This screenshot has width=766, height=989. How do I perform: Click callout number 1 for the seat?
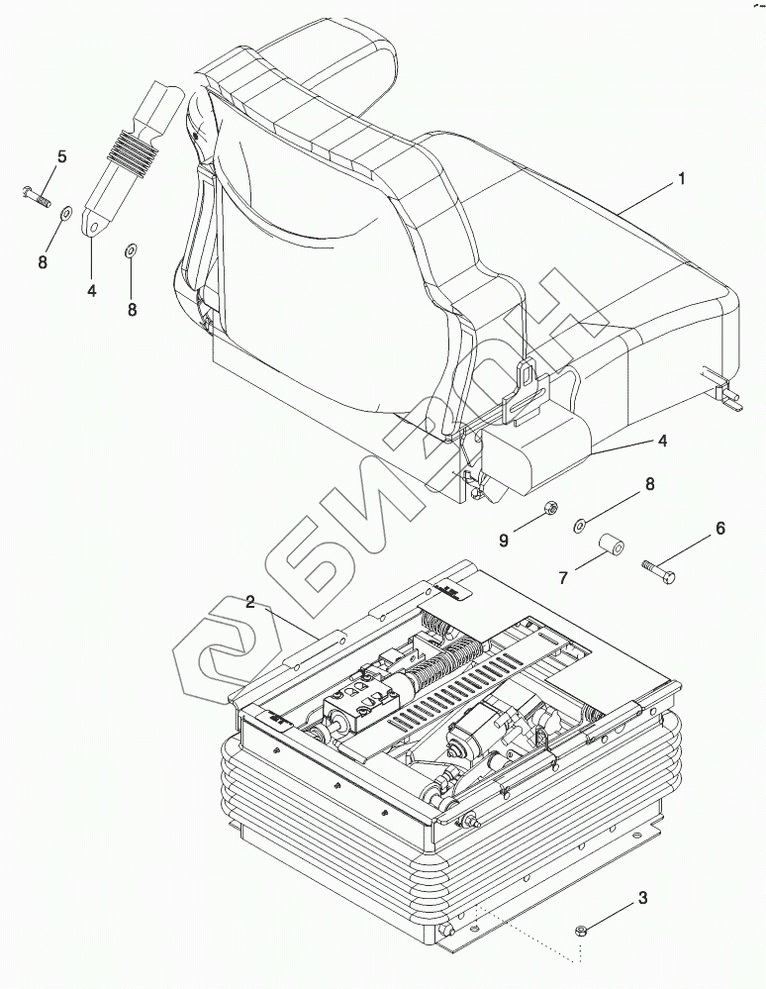click(681, 179)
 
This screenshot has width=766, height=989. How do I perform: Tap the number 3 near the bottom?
click(642, 899)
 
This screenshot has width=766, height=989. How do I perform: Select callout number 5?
click(61, 156)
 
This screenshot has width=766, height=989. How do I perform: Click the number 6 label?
click(719, 529)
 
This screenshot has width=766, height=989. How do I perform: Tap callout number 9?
click(503, 540)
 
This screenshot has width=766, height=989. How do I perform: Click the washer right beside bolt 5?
click(66, 211)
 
